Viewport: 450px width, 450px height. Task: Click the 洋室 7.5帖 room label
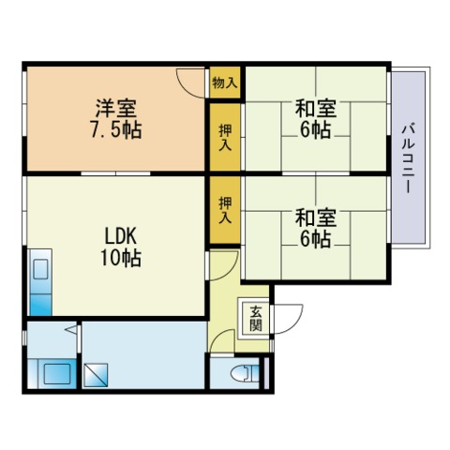click(x=116, y=119)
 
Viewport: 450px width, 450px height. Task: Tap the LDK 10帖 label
click(x=121, y=247)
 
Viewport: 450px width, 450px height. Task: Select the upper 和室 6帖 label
click(x=316, y=119)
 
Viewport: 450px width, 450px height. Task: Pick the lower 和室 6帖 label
click(x=316, y=228)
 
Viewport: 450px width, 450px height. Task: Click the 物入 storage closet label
click(x=225, y=82)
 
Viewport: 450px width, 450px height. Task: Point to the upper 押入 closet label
click(x=225, y=137)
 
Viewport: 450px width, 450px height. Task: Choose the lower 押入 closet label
click(x=225, y=210)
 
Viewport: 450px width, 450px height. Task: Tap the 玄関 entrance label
click(x=256, y=318)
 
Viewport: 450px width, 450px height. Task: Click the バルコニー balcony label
click(x=409, y=158)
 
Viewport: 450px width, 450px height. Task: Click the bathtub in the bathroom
click(x=57, y=374)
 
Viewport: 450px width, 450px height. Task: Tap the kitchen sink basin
click(x=40, y=269)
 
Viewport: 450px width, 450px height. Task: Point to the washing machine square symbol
click(x=96, y=375)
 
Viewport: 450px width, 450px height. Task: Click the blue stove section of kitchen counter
click(x=41, y=305)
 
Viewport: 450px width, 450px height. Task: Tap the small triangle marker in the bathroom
click(x=70, y=329)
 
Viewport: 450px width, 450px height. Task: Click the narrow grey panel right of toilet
click(x=266, y=373)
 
